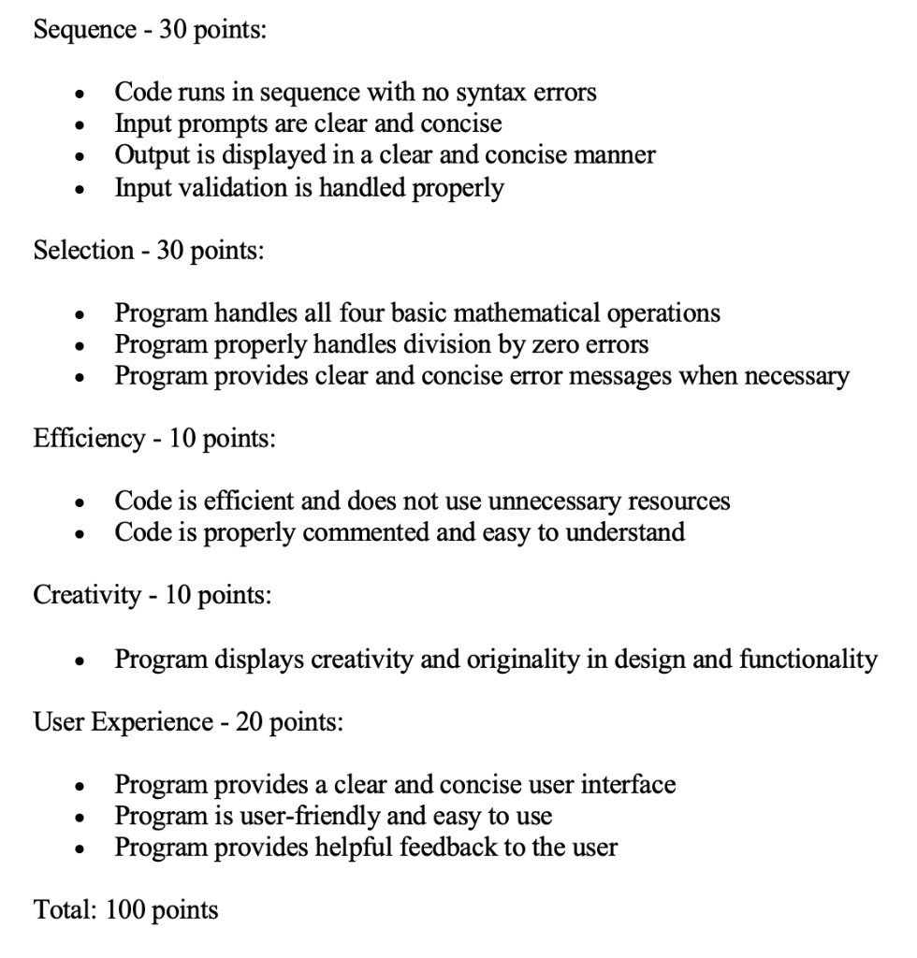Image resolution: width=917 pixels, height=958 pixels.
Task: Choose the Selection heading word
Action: pyautogui.click(x=82, y=250)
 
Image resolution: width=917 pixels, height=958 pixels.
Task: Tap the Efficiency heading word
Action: pyautogui.click(x=89, y=439)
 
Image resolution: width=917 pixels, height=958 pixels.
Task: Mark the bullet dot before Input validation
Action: pyautogui.click(x=76, y=189)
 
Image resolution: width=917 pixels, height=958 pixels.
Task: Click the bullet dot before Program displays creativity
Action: pyautogui.click(x=76, y=661)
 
